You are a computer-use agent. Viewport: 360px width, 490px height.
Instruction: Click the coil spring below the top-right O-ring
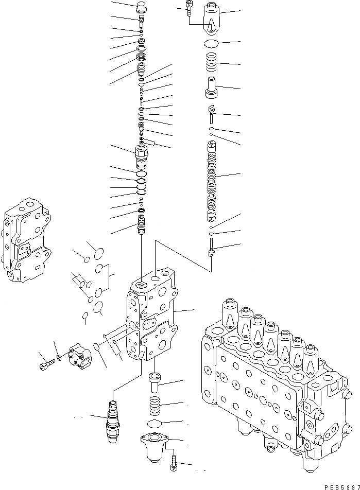212,63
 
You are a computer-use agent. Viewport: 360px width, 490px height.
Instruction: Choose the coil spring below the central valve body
155,406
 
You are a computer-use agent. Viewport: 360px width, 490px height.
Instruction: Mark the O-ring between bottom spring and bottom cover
155,424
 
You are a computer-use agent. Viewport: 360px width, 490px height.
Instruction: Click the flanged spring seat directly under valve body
155,382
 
